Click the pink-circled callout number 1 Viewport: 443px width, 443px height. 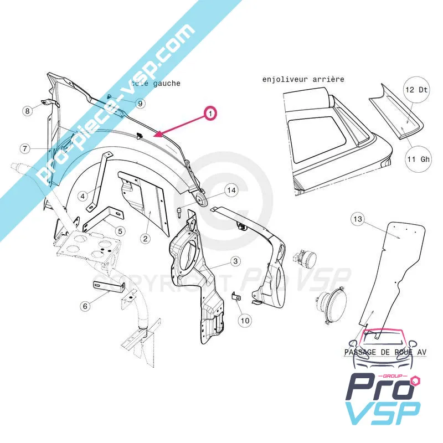(210, 114)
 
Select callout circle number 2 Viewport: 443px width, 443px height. (145, 239)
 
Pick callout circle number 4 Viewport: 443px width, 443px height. (82, 195)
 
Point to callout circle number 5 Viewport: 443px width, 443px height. (120, 230)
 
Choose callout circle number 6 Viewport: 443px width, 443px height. (85, 305)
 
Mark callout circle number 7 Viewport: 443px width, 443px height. (25, 148)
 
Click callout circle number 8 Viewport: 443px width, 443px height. (27, 111)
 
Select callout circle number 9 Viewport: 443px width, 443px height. (140, 103)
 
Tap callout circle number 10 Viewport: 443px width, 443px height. (245, 320)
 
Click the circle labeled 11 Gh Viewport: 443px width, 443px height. (418, 159)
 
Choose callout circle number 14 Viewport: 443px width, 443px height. (231, 190)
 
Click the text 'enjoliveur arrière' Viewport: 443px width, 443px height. (303, 79)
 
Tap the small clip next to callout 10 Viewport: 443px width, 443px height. (235, 297)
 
